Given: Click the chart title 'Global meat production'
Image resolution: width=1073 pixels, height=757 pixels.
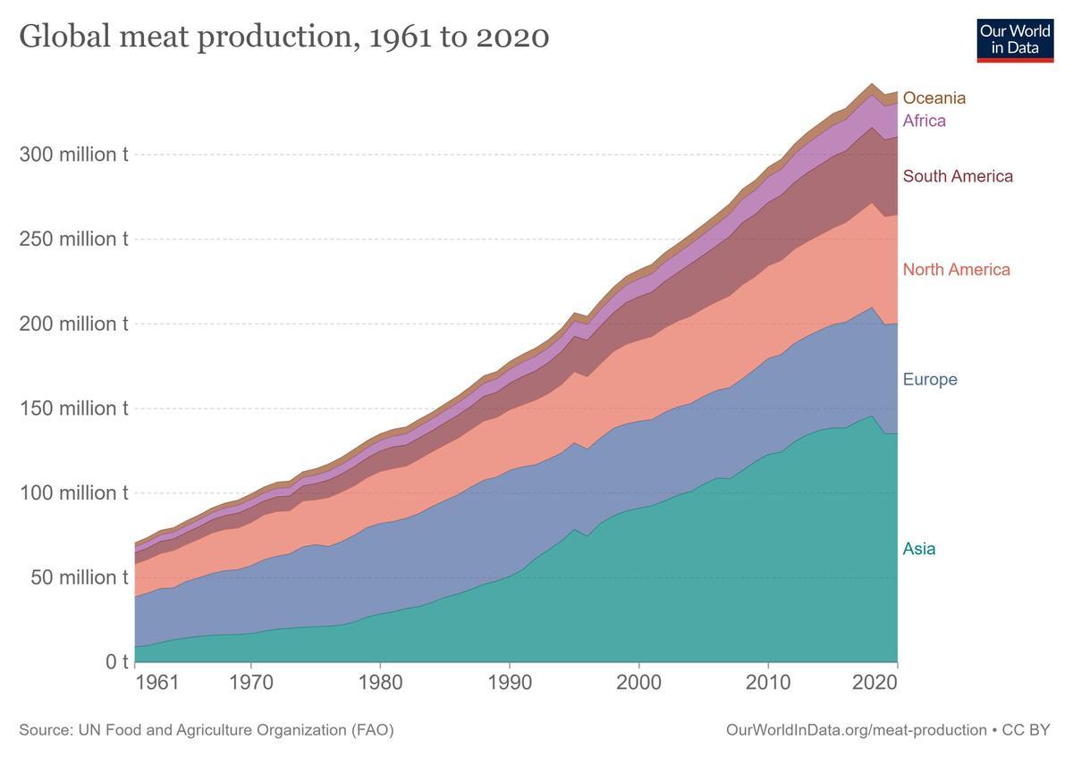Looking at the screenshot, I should (x=283, y=37).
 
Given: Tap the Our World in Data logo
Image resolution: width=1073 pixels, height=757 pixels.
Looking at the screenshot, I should (x=1015, y=39).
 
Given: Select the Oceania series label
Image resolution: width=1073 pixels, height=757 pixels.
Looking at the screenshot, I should (x=934, y=98).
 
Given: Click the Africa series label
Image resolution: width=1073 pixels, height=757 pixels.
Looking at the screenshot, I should (x=924, y=121).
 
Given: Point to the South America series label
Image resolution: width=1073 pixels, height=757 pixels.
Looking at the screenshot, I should (x=958, y=176).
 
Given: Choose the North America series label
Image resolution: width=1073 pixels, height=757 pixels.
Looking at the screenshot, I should (x=956, y=270).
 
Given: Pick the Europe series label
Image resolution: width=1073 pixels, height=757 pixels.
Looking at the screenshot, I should (x=930, y=380).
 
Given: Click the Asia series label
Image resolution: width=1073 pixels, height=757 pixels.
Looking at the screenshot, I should (x=919, y=549).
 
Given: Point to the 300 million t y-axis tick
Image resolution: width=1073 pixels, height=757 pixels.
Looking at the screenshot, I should (x=74, y=155).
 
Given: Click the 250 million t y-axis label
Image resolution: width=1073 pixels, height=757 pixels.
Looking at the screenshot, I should (x=74, y=240).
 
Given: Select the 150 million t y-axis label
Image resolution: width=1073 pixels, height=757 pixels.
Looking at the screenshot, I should (x=74, y=408).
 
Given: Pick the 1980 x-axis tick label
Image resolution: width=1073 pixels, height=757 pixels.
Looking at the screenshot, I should (x=380, y=684).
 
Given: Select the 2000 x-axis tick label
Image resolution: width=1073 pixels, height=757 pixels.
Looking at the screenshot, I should (x=638, y=684).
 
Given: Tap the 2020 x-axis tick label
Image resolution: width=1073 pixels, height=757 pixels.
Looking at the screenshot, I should (x=897, y=684).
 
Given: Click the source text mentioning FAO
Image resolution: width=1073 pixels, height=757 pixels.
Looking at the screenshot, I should (x=206, y=730).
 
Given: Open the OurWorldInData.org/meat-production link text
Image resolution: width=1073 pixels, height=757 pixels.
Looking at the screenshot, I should (x=857, y=730).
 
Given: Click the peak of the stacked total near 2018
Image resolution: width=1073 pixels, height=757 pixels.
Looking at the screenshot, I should (x=872, y=84).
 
